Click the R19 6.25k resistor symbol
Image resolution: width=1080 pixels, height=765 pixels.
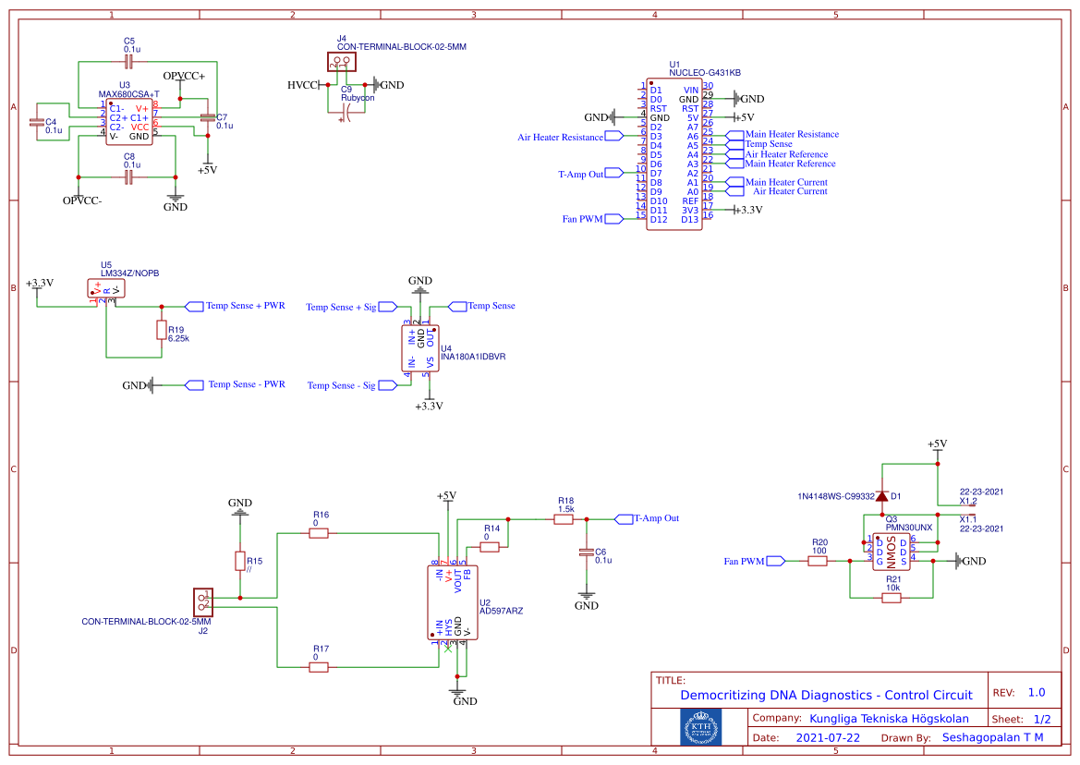point(162,331)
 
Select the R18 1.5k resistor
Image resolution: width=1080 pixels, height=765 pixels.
point(564,520)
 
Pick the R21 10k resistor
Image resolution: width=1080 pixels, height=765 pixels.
point(892,598)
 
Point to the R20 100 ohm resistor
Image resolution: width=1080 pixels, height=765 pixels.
point(818,561)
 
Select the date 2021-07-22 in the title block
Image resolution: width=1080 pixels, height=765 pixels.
point(828,737)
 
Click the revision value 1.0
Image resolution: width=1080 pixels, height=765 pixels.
point(1037,692)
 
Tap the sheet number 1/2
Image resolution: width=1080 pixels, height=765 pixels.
point(1041,719)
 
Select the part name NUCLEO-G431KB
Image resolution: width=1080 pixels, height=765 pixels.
point(705,72)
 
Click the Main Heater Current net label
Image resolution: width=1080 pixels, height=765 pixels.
point(785,182)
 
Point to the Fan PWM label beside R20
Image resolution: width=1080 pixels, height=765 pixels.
point(745,561)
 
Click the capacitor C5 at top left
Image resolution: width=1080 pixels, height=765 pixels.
point(129,61)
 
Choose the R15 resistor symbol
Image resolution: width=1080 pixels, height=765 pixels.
point(240,561)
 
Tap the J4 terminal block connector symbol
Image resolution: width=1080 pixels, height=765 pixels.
point(341,62)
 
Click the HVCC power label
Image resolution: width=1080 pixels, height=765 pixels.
point(302,85)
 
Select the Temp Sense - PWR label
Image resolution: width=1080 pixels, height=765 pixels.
point(246,384)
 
